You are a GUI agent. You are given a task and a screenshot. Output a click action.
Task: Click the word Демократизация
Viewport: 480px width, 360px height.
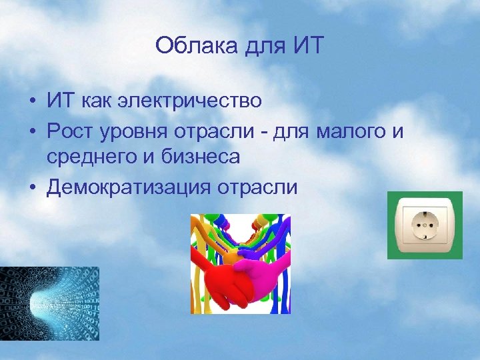tap(127, 187)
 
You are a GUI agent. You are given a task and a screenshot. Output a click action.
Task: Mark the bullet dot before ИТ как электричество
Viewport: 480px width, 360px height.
tap(32, 101)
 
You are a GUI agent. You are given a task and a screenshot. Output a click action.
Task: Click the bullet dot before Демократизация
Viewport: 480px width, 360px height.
tap(32, 187)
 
